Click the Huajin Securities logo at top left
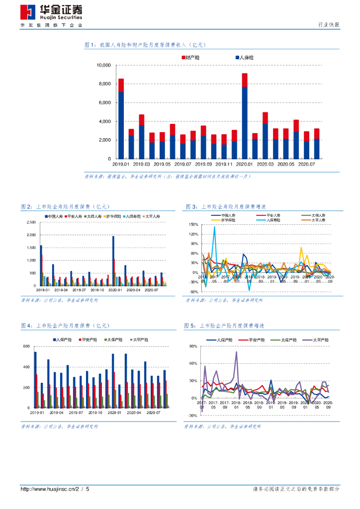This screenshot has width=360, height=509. (51, 12)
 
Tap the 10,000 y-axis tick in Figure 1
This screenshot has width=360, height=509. (104, 65)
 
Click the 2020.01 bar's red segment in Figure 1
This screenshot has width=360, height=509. (245, 80)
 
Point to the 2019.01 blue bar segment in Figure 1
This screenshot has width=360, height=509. (121, 124)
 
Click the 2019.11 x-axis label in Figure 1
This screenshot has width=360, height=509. (224, 164)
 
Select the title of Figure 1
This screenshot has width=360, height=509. (145, 45)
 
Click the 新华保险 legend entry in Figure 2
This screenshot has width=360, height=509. (113, 217)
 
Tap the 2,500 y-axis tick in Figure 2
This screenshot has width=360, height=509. (30, 222)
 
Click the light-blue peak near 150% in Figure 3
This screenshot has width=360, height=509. (215, 227)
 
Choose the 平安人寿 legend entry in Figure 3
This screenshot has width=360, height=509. (267, 215)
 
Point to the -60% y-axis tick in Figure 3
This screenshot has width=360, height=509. (193, 292)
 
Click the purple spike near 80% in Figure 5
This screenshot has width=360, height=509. (236, 352)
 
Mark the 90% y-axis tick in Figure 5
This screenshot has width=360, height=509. (194, 346)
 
